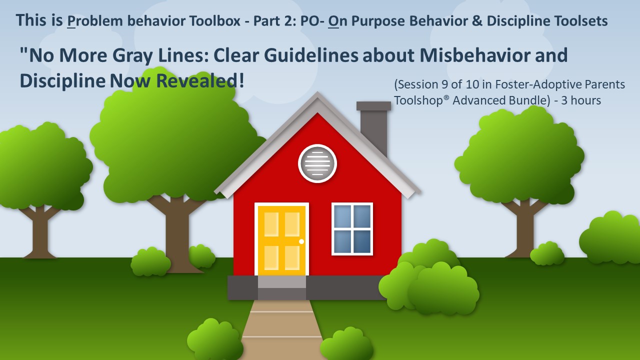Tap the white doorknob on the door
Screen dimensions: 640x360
[301, 241]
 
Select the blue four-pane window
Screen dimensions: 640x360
[352, 229]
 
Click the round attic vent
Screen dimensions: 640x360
[317, 163]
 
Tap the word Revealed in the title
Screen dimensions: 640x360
[197, 81]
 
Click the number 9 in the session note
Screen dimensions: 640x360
[444, 84]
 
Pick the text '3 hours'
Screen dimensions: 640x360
[581, 100]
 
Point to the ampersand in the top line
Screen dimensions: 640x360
[477, 21]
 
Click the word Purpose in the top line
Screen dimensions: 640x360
[378, 21]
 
